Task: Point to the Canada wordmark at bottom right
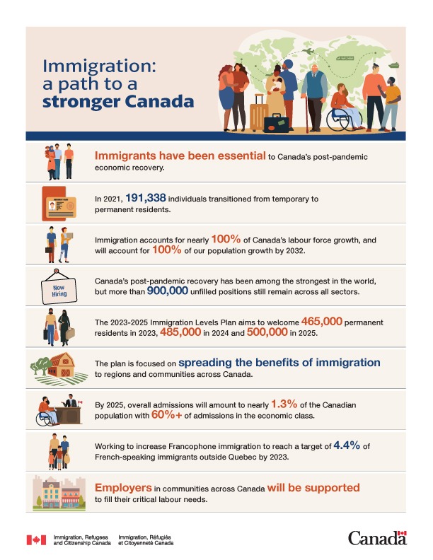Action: click(377, 538)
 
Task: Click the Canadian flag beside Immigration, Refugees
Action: click(36, 540)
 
